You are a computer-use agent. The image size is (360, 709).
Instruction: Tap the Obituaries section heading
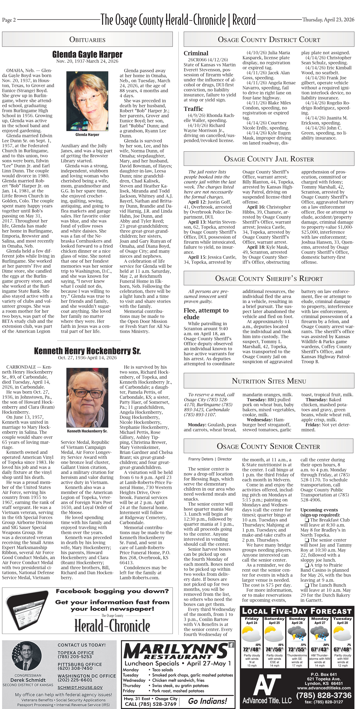click(x=87, y=39)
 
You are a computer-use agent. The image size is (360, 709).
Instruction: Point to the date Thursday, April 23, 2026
click(x=328, y=20)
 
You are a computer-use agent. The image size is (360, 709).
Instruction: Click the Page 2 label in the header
click(x=9, y=20)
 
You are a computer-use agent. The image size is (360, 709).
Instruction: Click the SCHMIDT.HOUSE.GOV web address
click(x=80, y=687)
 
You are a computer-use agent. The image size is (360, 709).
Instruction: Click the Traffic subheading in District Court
click(x=194, y=109)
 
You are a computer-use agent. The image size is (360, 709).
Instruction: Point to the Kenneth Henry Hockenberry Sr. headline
click(x=87, y=351)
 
